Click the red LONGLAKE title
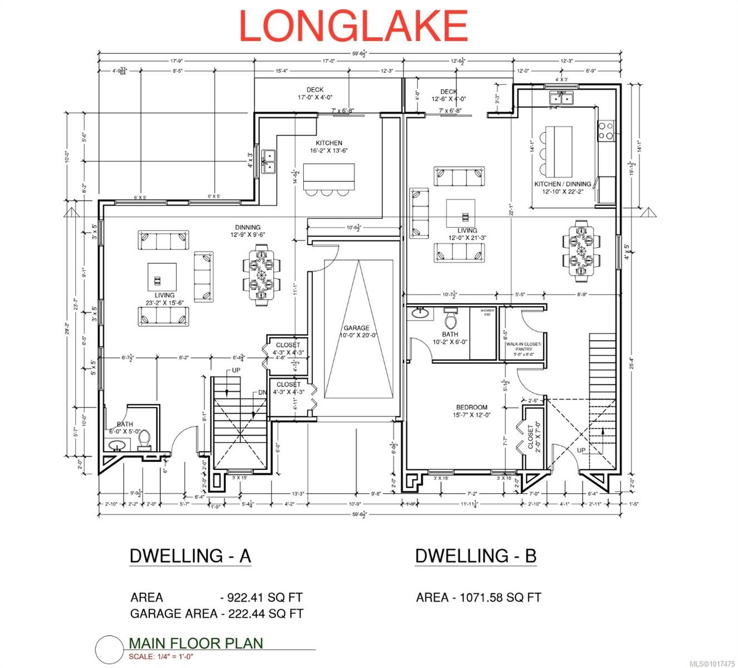(x=353, y=26)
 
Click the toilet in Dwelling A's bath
(x=144, y=440)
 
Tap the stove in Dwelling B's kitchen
(x=606, y=130)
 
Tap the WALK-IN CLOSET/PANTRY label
(x=520, y=348)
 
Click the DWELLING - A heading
(x=190, y=556)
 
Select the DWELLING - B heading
(x=475, y=556)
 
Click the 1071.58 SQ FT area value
(x=500, y=597)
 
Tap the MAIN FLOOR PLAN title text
(x=195, y=643)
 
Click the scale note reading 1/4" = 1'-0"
(x=161, y=656)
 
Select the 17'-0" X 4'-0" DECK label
(x=315, y=94)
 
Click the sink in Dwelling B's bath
(x=421, y=313)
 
